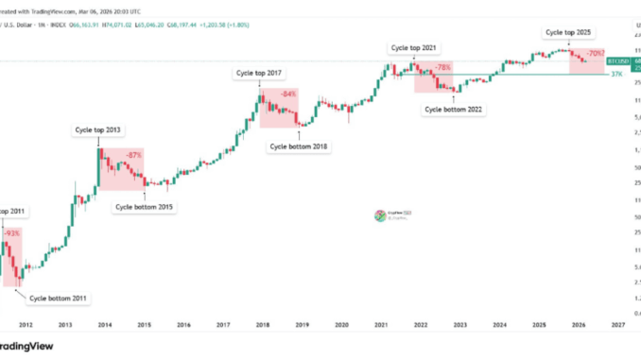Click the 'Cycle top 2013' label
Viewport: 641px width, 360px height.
click(x=98, y=129)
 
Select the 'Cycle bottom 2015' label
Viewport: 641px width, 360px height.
click(x=145, y=206)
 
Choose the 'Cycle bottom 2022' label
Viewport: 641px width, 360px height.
click(x=454, y=110)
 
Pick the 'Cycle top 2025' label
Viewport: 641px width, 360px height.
click(x=570, y=31)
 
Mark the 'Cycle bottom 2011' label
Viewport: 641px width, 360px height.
click(x=59, y=299)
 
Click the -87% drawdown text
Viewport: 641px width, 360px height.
click(x=134, y=154)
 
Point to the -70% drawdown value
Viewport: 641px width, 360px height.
click(x=596, y=55)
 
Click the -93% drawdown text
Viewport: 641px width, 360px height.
click(x=12, y=232)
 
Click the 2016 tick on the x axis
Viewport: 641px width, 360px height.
click(x=183, y=324)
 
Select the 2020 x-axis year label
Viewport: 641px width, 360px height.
click(x=341, y=324)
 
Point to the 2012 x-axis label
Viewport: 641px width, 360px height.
click(x=26, y=324)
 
